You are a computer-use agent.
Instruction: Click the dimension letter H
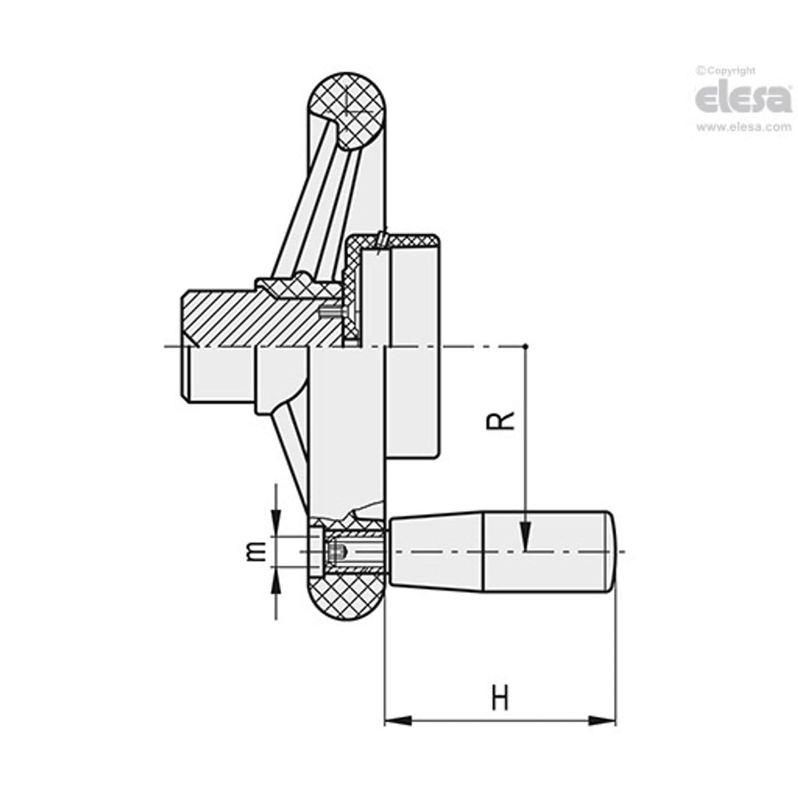(x=500, y=697)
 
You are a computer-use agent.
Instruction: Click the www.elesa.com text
(x=743, y=128)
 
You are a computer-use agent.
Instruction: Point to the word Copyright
(x=730, y=70)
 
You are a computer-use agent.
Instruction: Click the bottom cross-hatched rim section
(x=347, y=595)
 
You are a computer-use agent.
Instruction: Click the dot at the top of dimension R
(x=525, y=346)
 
